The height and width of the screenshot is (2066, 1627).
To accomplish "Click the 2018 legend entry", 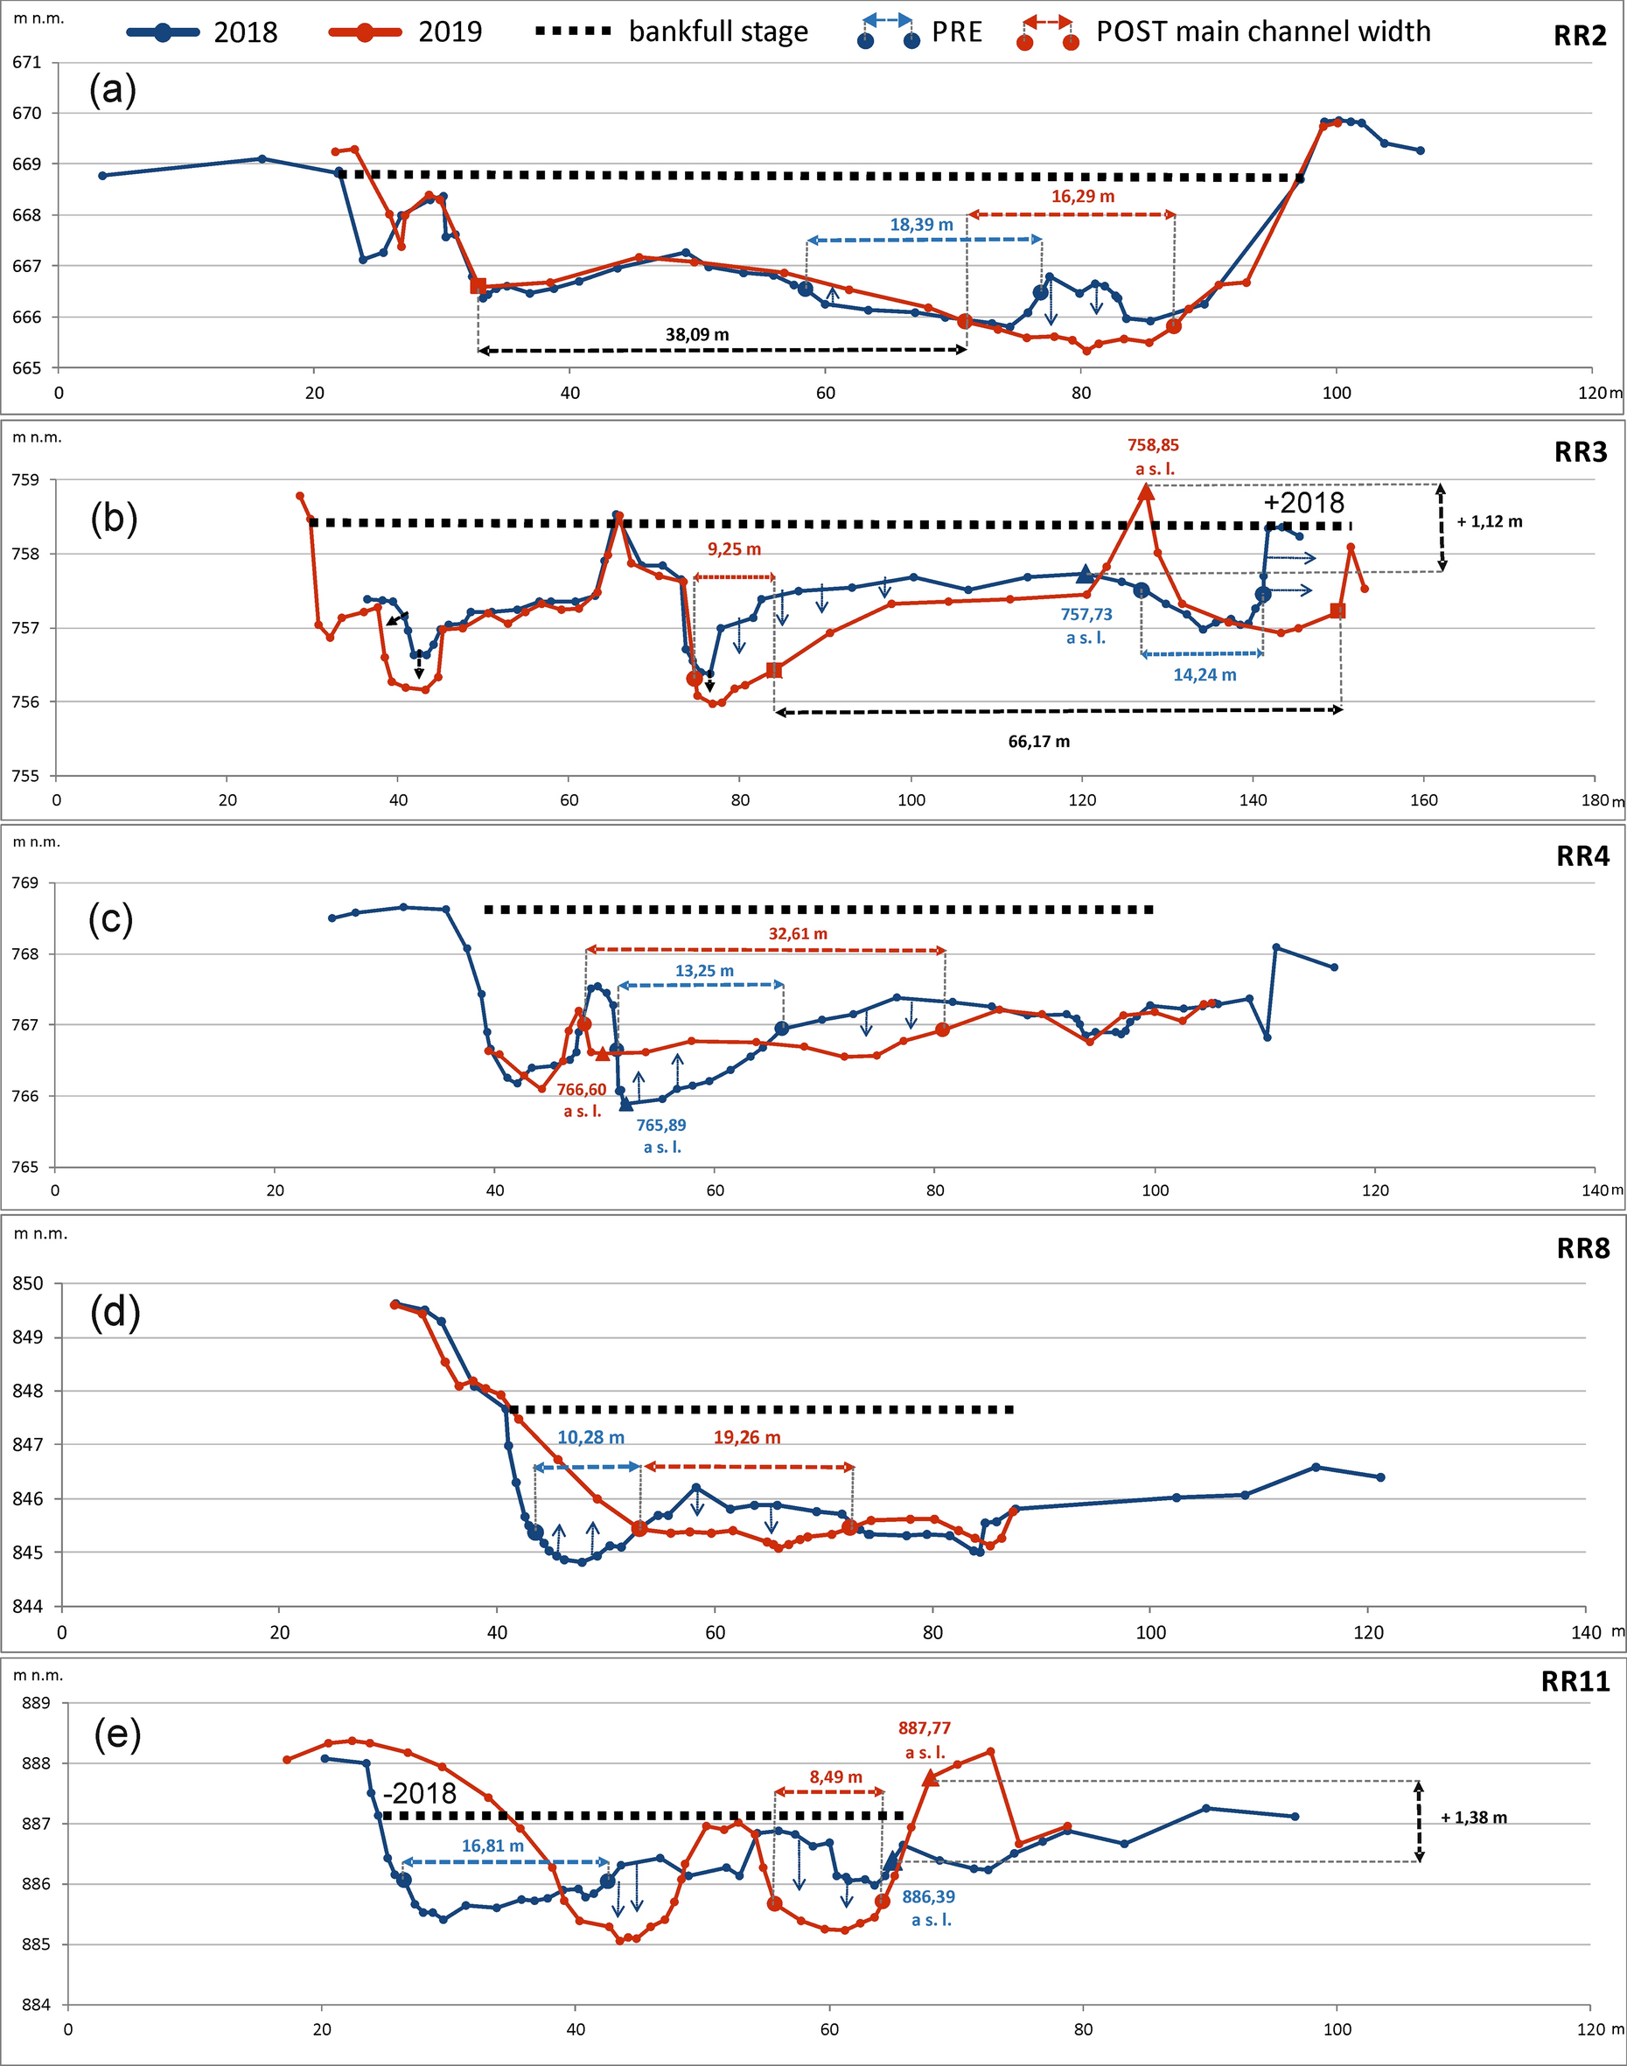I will [202, 32].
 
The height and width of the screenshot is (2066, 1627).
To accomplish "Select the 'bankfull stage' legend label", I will [717, 32].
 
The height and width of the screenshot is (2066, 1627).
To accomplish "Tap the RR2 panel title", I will [1581, 37].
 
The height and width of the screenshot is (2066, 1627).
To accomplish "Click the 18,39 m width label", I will [920, 226].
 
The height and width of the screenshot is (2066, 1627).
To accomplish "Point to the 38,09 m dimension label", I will [697, 334].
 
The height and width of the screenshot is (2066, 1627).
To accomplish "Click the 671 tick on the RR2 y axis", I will [26, 63].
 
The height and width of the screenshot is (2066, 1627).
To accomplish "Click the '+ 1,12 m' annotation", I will [1489, 522].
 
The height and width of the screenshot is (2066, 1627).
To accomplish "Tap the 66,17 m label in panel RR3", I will [1038, 742].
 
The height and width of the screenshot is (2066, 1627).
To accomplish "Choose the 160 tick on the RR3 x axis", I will [1423, 800].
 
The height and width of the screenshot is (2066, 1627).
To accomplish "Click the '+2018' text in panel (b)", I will [1303, 503].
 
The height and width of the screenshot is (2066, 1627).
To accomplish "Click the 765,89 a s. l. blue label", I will [661, 1135].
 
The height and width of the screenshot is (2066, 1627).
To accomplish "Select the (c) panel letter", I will [110, 919].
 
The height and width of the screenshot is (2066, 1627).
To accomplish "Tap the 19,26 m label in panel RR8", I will [747, 1437].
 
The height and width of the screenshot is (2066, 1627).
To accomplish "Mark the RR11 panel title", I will [1575, 1681].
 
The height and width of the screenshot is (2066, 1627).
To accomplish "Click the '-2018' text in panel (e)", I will [419, 1794].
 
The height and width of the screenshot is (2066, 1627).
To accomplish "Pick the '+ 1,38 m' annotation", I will [1473, 1818].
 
